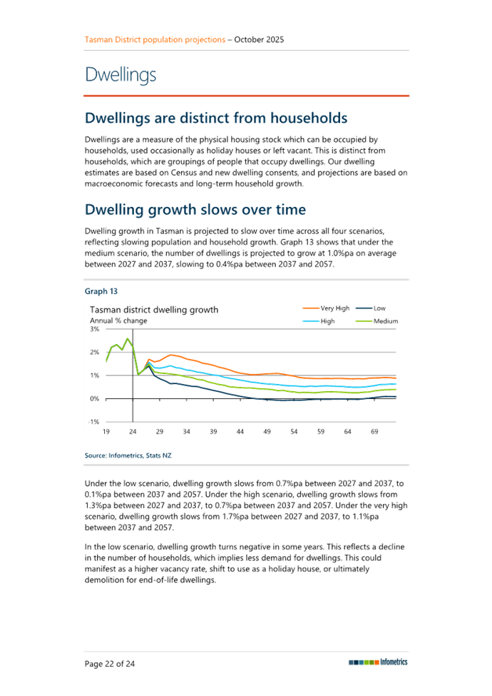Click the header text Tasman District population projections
(x=154, y=39)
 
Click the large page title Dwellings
(x=121, y=75)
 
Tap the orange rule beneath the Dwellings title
(x=247, y=95)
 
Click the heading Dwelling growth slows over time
(x=195, y=210)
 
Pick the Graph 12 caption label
(x=101, y=291)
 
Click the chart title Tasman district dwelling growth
(x=153, y=310)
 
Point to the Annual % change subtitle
(x=118, y=321)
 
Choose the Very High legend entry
(x=334, y=308)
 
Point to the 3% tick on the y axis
(x=94, y=330)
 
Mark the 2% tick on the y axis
(x=94, y=353)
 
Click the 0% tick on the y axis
(x=94, y=398)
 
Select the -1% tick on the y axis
(x=93, y=421)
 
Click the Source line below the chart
(x=128, y=455)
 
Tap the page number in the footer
(x=110, y=663)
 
